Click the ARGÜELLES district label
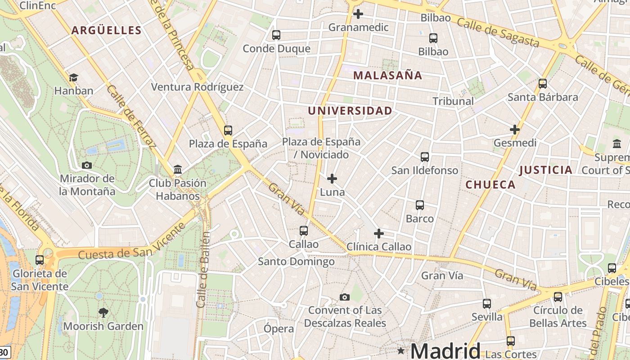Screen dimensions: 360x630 click(107, 31)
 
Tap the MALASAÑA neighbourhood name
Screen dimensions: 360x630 click(387, 76)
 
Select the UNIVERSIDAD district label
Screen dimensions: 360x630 click(350, 111)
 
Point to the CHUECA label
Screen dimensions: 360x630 click(490, 184)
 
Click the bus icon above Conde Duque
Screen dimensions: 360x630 click(276, 35)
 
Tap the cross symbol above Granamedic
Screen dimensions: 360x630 click(358, 14)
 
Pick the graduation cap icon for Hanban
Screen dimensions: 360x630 click(73, 77)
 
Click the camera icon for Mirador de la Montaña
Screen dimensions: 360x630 click(87, 165)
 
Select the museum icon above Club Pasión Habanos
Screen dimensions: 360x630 click(178, 170)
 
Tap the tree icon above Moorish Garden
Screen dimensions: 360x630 click(103, 313)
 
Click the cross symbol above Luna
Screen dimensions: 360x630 click(332, 179)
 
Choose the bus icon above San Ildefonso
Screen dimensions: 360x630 click(425, 157)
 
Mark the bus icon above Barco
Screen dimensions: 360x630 click(420, 205)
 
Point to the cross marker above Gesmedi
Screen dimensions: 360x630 click(515, 130)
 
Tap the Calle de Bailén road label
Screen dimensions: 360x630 click(203, 270)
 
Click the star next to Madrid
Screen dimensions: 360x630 click(400, 350)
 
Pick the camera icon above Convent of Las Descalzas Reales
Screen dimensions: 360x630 click(345, 297)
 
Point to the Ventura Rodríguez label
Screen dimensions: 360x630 click(197, 87)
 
